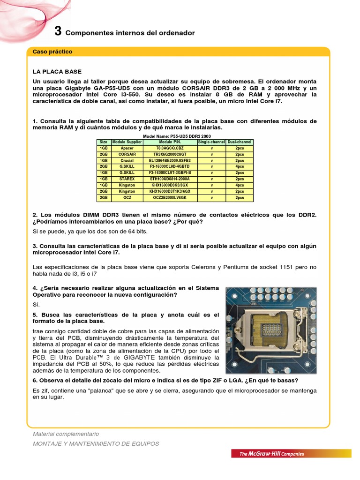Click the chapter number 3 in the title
tap(58, 31)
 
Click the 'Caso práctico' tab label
tap(52, 52)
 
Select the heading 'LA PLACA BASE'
tap(57, 72)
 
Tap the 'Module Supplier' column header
tap(127, 142)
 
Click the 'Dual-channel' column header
tap(240, 142)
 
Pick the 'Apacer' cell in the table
tap(127, 148)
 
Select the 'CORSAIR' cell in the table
tap(127, 154)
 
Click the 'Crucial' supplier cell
tap(127, 160)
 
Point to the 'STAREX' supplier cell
tap(127, 179)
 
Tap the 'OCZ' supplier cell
tap(127, 198)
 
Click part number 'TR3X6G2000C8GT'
tap(170, 154)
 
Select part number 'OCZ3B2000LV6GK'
tap(170, 198)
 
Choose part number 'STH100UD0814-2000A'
tap(170, 179)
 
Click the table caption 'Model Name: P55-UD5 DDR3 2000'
tap(175, 136)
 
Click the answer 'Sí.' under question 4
tap(37, 304)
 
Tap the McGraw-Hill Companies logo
tap(272, 454)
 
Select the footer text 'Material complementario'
tap(66, 434)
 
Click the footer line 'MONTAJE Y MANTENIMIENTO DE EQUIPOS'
tap(96, 443)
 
